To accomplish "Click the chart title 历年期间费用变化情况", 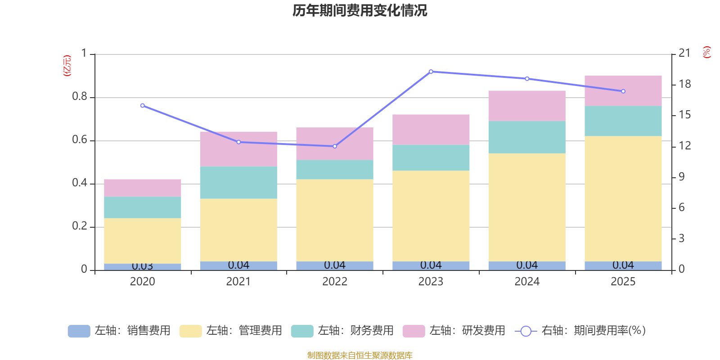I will [360, 10].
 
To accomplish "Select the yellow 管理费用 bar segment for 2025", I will [623, 198].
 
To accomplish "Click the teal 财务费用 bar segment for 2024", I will [526, 137].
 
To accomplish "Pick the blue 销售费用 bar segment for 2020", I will [143, 267].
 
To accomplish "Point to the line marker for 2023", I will [431, 72].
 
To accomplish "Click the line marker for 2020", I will [143, 106].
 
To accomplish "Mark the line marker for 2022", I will [335, 146].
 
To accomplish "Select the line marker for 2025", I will [623, 91].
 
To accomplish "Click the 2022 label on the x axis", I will [335, 282].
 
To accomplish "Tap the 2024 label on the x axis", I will [527, 282].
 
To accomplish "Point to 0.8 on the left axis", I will [80, 97].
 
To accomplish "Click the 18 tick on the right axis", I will [685, 84].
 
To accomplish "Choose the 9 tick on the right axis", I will [682, 177].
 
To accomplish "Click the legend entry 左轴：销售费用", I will [119, 331].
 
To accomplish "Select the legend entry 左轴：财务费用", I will [342, 331].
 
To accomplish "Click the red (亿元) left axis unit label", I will [67, 66].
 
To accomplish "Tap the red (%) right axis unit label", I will [707, 52].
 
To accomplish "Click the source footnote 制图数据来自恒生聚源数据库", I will [360, 355].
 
